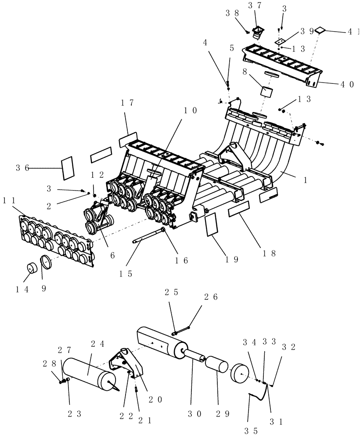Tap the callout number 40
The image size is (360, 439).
point(346,85)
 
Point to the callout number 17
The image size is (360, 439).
point(127,103)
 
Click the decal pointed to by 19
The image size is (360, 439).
point(212,224)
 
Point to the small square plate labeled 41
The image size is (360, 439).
point(320,30)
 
